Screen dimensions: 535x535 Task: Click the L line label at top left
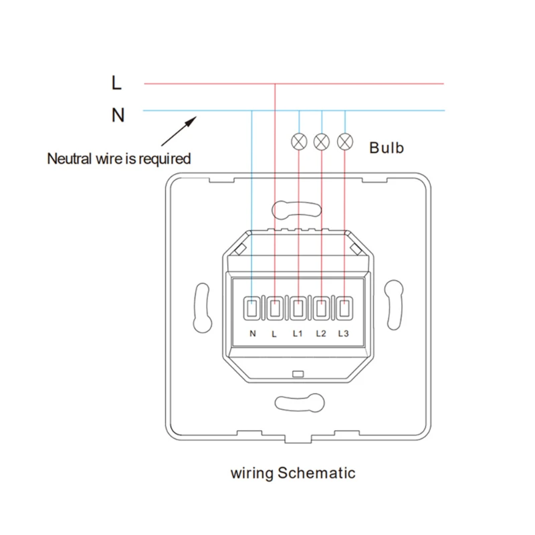pyautogui.click(x=117, y=83)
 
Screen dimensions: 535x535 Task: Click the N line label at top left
pyautogui.click(x=118, y=115)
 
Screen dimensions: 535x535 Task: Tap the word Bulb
pyautogui.click(x=387, y=148)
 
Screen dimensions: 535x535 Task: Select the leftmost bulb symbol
pyautogui.click(x=299, y=141)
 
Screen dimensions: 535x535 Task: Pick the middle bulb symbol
pyautogui.click(x=322, y=141)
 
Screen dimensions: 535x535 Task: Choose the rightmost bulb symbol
pyautogui.click(x=345, y=141)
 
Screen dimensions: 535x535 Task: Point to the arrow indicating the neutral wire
pyautogui.click(x=179, y=130)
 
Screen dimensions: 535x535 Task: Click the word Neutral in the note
pyautogui.click(x=70, y=159)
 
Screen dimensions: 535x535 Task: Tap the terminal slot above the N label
pyautogui.click(x=252, y=309)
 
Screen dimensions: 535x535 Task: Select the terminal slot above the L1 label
pyautogui.click(x=298, y=309)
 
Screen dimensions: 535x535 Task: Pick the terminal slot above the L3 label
pyautogui.click(x=344, y=309)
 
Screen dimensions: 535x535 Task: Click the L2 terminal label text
pyautogui.click(x=321, y=333)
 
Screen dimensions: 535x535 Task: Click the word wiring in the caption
pyautogui.click(x=253, y=474)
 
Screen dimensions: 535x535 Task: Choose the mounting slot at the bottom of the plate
pyautogui.click(x=298, y=403)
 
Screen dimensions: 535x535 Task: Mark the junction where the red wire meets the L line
pyautogui.click(x=275, y=84)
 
